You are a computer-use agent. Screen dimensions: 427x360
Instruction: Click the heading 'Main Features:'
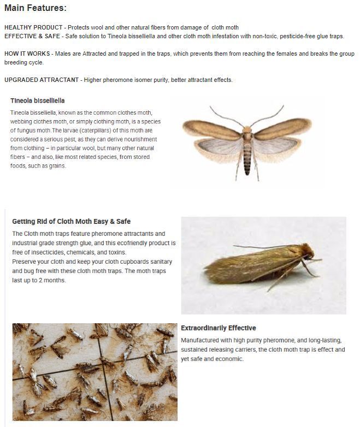tap(36, 8)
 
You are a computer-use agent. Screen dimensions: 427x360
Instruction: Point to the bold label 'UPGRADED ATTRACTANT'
tap(42, 80)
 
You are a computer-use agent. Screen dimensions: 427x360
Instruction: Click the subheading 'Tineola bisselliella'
tap(38, 100)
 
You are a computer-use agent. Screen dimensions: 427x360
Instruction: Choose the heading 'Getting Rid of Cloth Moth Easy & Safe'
tap(71, 222)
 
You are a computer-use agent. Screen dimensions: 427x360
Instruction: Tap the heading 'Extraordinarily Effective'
tap(219, 328)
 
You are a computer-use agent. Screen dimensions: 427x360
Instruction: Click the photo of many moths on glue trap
tap(94, 371)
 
